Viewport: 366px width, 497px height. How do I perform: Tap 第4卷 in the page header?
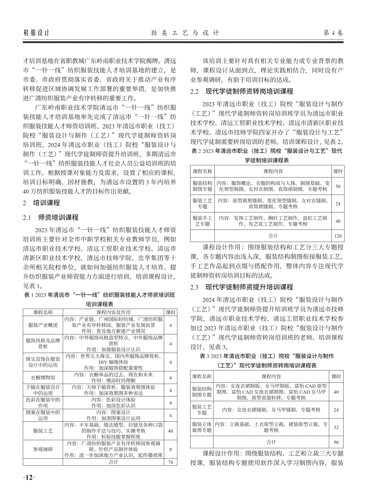pyautogui.click(x=334, y=33)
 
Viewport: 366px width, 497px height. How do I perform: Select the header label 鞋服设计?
pyautogui.click(x=36, y=33)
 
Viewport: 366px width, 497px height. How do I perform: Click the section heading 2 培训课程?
pyautogui.click(x=42, y=203)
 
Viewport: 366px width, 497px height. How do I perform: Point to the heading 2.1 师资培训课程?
pyautogui.click(x=51, y=218)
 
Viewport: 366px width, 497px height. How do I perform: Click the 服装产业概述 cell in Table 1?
pyautogui.click(x=43, y=325)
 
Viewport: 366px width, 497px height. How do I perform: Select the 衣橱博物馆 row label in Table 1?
pyautogui.click(x=43, y=378)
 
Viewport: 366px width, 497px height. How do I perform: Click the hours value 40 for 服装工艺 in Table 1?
pyautogui.click(x=170, y=431)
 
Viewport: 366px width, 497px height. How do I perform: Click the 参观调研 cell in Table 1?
pyautogui.click(x=43, y=449)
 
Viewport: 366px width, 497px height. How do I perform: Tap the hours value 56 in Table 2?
pyautogui.click(x=338, y=186)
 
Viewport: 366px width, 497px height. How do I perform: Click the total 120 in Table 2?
pyautogui.click(x=338, y=236)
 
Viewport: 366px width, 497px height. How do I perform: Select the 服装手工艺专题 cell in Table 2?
pyautogui.click(x=202, y=221)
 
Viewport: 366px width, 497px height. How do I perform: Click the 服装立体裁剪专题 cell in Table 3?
pyautogui.click(x=202, y=427)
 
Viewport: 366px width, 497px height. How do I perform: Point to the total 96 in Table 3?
pyautogui.click(x=336, y=442)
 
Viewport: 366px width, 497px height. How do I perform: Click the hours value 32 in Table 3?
pyautogui.click(x=336, y=427)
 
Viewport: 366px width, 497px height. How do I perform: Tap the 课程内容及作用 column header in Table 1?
pyautogui.click(x=113, y=312)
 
